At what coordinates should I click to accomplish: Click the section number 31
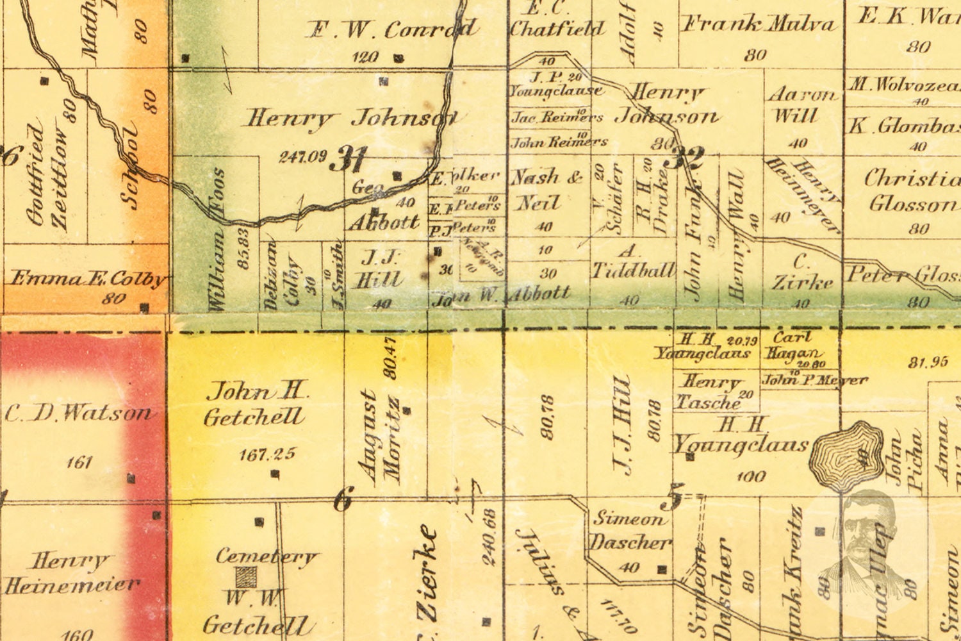pos(349,158)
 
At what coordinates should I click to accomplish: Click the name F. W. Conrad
pos(391,29)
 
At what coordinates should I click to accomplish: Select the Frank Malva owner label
pos(760,25)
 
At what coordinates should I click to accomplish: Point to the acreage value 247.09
pos(303,156)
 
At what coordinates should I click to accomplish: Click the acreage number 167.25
pos(267,454)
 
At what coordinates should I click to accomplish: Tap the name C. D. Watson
pos(79,413)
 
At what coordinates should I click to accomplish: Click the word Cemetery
pos(266,556)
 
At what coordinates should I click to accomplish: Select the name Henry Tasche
pos(710,392)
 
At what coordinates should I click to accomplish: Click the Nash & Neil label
pos(545,190)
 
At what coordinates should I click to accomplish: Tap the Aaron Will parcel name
pos(801,105)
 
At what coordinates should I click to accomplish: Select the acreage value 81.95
pos(927,362)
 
